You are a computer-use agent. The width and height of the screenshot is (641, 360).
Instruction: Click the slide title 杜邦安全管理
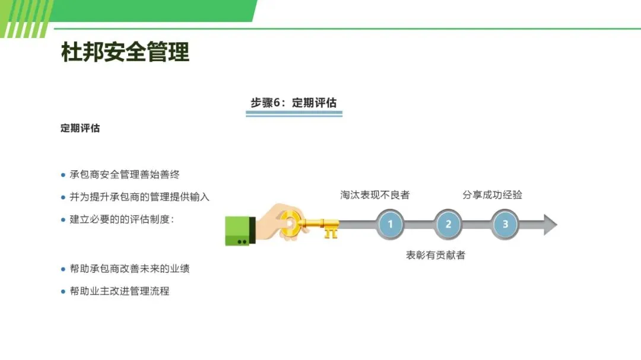click(x=125, y=52)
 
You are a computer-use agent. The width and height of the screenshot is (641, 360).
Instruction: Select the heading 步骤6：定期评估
click(x=294, y=103)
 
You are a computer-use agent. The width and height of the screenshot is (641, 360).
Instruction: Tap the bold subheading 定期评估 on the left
click(x=80, y=128)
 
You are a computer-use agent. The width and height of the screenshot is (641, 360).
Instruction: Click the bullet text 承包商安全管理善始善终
click(x=125, y=174)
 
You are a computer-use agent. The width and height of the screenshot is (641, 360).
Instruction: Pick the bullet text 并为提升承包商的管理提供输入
click(x=139, y=197)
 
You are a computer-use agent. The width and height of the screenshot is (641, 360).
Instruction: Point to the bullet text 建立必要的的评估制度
click(x=122, y=219)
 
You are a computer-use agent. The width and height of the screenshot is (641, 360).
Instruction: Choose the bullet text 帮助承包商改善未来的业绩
click(x=129, y=269)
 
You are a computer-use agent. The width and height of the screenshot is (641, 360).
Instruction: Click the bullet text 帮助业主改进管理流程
click(x=119, y=291)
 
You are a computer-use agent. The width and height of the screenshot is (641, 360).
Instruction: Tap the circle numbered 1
click(x=390, y=224)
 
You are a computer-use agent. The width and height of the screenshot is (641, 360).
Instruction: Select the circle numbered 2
click(x=448, y=224)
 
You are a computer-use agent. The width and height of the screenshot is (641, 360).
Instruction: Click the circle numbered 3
click(x=506, y=224)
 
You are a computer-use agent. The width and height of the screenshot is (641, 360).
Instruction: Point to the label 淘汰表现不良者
click(x=375, y=195)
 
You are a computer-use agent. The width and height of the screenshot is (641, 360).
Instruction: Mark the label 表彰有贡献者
click(x=436, y=255)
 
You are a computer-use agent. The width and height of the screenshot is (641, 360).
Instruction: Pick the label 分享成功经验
click(x=492, y=195)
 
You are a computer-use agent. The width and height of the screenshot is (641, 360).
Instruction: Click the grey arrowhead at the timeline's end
click(x=550, y=225)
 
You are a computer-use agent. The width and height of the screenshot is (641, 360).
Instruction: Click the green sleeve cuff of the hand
click(x=240, y=231)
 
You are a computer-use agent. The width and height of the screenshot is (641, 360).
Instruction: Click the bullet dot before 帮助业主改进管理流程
click(x=64, y=291)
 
